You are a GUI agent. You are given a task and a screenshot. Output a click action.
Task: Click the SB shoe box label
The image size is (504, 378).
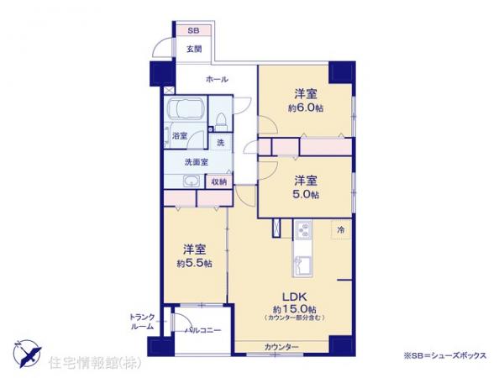[193, 30]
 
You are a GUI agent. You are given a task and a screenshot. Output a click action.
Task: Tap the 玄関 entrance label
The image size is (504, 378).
[194, 49]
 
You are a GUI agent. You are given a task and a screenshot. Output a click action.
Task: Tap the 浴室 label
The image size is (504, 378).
[179, 135]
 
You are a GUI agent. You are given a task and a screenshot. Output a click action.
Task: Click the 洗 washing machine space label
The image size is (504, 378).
[220, 143]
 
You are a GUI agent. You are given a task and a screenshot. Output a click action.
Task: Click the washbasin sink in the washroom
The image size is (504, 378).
[191, 182]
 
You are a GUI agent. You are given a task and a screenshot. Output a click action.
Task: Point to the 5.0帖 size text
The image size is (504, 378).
[305, 194]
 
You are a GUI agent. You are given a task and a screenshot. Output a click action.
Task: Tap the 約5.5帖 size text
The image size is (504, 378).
[195, 263]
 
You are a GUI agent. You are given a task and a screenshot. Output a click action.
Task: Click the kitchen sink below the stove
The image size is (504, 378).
[301, 266]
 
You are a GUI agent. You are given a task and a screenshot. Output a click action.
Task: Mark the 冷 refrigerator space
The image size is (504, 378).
[341, 228]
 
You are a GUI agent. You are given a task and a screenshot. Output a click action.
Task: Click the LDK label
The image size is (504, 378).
[291, 296]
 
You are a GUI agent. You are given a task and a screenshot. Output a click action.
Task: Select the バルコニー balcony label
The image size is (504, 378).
[203, 330]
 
